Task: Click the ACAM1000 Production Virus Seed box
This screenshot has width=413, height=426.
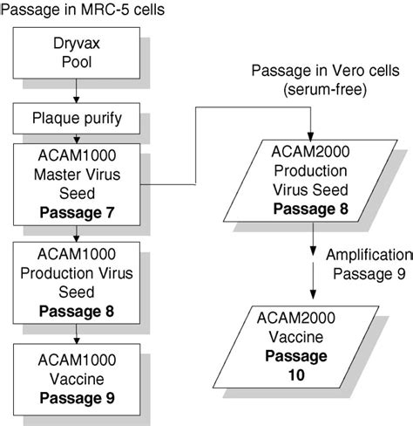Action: [78, 280]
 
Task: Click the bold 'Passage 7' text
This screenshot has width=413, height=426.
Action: [78, 212]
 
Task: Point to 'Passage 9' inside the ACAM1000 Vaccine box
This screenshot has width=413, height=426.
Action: [78, 400]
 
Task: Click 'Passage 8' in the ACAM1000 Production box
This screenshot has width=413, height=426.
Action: [78, 309]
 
